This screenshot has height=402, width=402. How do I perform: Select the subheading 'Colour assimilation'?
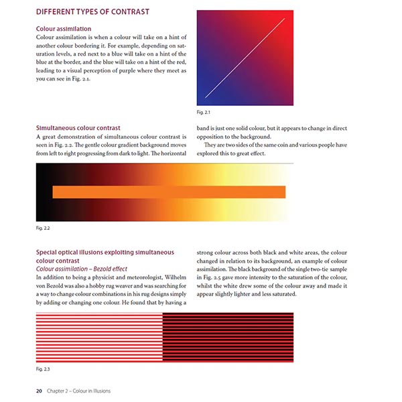(64, 29)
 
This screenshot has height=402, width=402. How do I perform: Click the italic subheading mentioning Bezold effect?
(84, 268)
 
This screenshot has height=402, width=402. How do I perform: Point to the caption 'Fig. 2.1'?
(204, 111)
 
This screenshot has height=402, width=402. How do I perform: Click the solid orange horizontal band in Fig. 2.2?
(167, 192)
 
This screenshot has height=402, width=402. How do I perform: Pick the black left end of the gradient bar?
(42, 192)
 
